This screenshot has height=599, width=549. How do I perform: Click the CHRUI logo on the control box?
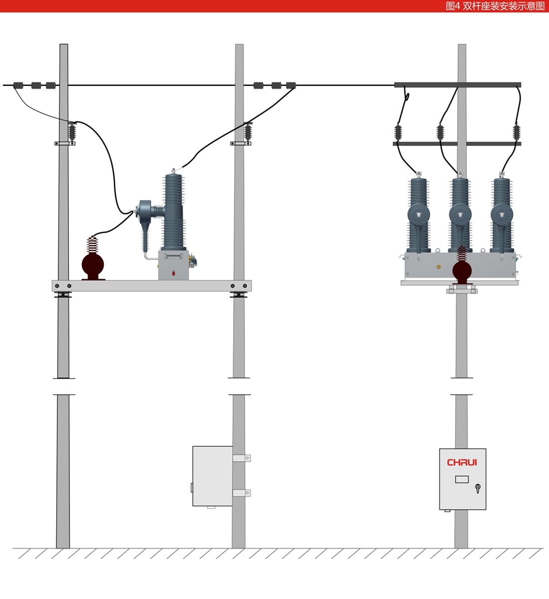tap(462, 463)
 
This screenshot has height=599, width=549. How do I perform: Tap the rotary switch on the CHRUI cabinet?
tap(478, 488)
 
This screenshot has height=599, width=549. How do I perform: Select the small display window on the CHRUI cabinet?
tap(462, 479)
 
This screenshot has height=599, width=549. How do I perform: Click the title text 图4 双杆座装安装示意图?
tap(495, 6)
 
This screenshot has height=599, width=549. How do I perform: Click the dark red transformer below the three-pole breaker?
tap(462, 270)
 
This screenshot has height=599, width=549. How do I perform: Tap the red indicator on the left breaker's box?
tap(173, 273)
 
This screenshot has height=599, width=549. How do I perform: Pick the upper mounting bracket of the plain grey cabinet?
tap(242, 458)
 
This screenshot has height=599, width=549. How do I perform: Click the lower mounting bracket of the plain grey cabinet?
tap(242, 493)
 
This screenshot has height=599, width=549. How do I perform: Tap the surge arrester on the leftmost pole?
tap(72, 132)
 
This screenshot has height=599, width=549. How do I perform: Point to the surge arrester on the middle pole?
tap(248, 132)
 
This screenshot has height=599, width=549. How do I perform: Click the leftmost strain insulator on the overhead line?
tap(18, 85)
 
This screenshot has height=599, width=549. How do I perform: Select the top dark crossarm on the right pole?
tap(457, 85)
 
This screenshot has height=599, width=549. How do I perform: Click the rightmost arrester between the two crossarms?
tap(517, 132)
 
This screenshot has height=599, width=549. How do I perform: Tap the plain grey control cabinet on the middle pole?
tap(212, 476)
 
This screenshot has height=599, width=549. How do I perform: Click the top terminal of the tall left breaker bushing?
tap(173, 172)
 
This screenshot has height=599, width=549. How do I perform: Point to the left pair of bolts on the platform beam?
tap(63, 286)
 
